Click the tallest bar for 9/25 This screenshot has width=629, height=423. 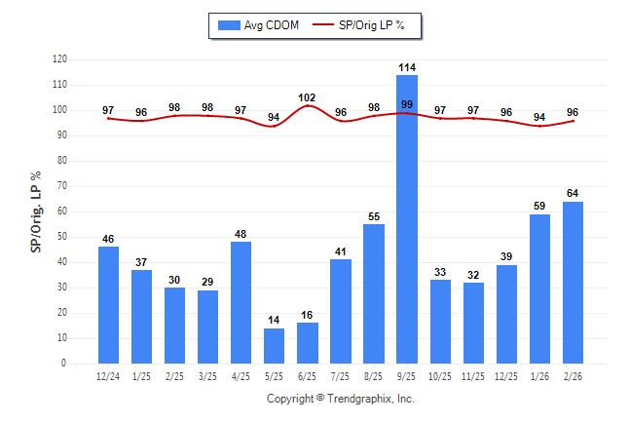407,219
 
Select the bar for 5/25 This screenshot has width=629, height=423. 275,346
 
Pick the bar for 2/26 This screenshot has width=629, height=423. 573,283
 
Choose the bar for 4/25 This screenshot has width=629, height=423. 241,302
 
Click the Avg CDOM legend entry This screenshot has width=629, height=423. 259,24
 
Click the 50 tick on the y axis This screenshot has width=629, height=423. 62,237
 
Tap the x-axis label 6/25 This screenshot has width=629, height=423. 308,376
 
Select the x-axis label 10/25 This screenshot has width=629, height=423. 440,376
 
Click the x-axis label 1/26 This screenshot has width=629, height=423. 539,376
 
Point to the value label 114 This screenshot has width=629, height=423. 407,67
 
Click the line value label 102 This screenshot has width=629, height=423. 308,97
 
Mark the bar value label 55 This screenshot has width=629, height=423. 374,216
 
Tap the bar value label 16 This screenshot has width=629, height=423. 308,316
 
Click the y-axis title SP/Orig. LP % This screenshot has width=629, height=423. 36,211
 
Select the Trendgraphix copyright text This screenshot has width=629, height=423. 341,399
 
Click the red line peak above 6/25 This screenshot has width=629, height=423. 308,106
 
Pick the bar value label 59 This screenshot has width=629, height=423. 539,207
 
